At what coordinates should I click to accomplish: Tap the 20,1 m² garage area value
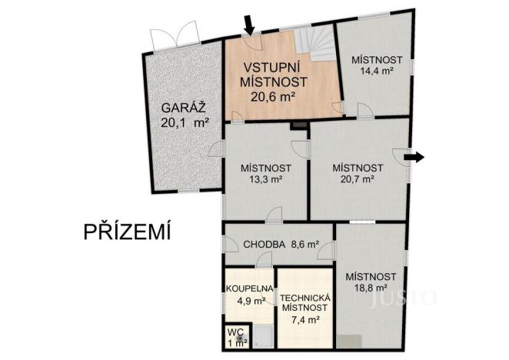(185, 122)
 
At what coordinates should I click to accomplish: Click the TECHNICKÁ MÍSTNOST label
(305, 302)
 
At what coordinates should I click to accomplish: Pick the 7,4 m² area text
(304, 318)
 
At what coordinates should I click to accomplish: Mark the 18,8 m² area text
(371, 288)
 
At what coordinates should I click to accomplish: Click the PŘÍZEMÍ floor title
(128, 231)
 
